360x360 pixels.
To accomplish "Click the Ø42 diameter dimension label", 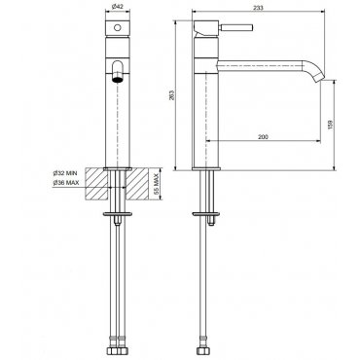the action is (x=118, y=7).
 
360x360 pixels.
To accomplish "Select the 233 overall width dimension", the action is (x=258, y=8).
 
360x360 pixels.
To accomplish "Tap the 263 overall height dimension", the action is (x=172, y=94).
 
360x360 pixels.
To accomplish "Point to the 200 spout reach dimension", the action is (x=263, y=137).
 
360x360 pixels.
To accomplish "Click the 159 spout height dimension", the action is (x=330, y=125).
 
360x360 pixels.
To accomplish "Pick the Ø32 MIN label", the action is (x=65, y=173).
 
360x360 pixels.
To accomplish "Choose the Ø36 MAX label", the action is (x=66, y=183).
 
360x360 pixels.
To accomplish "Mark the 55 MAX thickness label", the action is (x=156, y=184).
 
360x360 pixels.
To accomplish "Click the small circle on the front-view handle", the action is (x=118, y=27).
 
